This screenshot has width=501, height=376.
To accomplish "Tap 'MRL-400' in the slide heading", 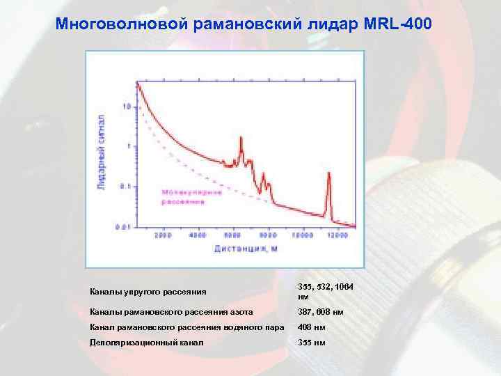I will tap(397, 24).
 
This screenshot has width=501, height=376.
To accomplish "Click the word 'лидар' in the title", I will tap(331, 24).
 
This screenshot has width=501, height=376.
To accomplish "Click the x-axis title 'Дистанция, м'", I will tap(245, 248).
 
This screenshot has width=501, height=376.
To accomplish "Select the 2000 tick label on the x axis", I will tap(163, 236).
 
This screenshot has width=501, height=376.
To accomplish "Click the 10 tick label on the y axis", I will tap(126, 107).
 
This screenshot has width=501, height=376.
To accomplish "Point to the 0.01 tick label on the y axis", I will tap(122, 226).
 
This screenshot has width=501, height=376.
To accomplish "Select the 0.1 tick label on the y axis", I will tap(125, 186).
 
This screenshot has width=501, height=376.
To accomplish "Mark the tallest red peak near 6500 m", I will tap(241, 138).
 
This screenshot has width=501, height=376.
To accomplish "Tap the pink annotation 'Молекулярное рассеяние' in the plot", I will tap(192, 196).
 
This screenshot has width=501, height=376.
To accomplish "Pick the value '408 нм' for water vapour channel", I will tap(310, 327).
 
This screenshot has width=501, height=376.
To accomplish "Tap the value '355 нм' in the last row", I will tap(310, 343).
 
